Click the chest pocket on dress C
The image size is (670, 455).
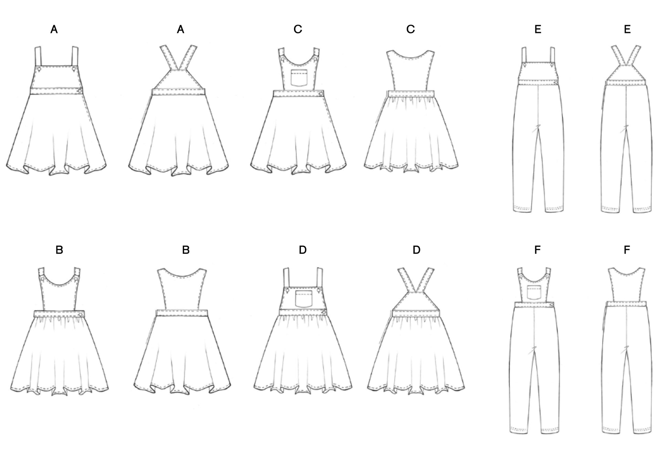[299, 77]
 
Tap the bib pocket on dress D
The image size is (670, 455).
[304, 299]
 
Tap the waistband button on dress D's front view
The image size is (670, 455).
[324, 312]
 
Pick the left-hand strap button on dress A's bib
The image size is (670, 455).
[39, 69]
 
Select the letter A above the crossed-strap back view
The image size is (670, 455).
[180, 30]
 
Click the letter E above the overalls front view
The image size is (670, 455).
[538, 30]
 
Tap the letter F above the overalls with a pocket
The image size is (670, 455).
[537, 250]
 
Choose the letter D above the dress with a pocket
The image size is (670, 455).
[303, 250]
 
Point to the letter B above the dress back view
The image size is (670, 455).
[186, 250]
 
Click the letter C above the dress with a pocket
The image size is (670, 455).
[298, 30]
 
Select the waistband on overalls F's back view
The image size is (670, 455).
[626, 304]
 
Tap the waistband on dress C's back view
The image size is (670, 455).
[411, 94]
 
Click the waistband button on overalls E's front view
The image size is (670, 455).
[555, 82]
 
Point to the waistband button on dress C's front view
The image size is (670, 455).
[321, 93]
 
